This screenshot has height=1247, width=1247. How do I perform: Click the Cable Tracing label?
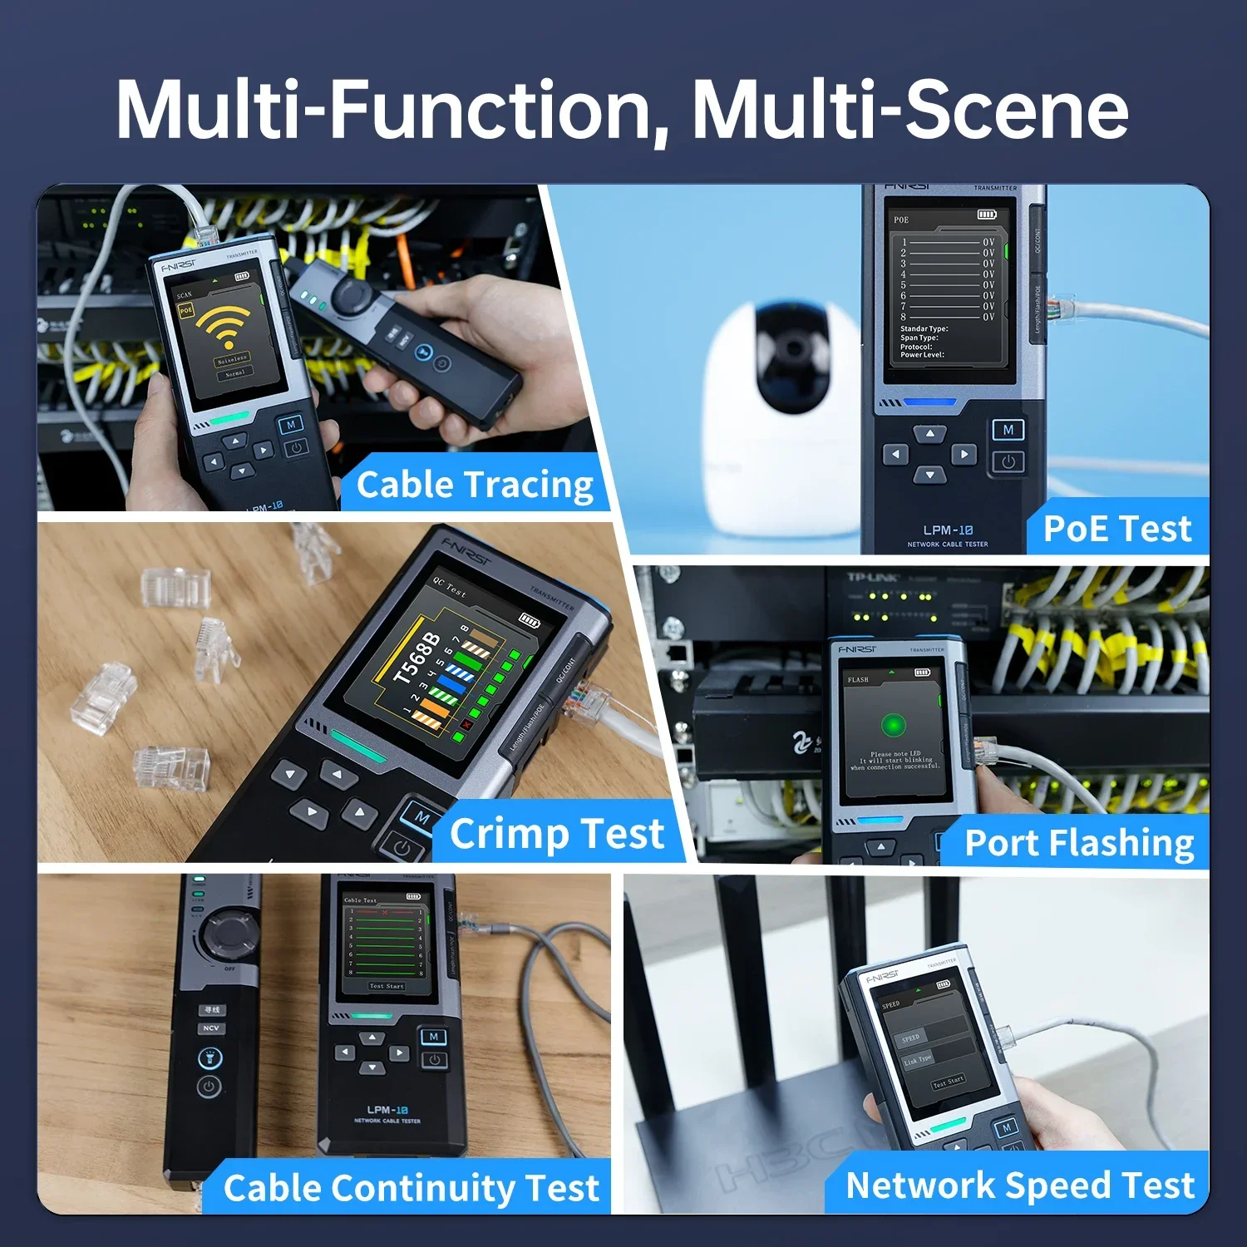pos(475,485)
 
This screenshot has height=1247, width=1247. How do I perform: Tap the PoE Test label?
pos(1116,529)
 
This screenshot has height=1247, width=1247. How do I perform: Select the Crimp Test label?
pos(556,833)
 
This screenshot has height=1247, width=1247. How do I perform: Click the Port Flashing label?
pos(1079,843)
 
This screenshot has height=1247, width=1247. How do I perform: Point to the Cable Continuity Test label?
pos(411,1188)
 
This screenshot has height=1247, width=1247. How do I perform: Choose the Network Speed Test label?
pos(1019,1185)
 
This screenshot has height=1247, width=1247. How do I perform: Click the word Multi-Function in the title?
pos(382,110)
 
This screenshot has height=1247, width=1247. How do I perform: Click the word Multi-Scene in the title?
pos(909,110)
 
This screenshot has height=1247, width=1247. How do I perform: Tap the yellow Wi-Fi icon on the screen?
pos(223,327)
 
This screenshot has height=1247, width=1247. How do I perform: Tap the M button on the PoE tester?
pos(1008,430)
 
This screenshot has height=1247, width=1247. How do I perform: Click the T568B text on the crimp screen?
pos(416,658)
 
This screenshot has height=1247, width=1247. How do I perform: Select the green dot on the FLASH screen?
pos(894,725)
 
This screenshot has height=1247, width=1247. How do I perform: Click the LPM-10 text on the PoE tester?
pos(948,530)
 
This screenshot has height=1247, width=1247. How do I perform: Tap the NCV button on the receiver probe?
pos(211,1028)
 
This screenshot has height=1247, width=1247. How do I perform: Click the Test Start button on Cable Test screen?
pos(387,986)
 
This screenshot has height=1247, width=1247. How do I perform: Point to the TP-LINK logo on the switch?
pos(872,578)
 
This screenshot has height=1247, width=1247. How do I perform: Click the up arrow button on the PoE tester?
pos(929,433)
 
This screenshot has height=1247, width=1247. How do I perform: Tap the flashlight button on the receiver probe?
pos(209,1058)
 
